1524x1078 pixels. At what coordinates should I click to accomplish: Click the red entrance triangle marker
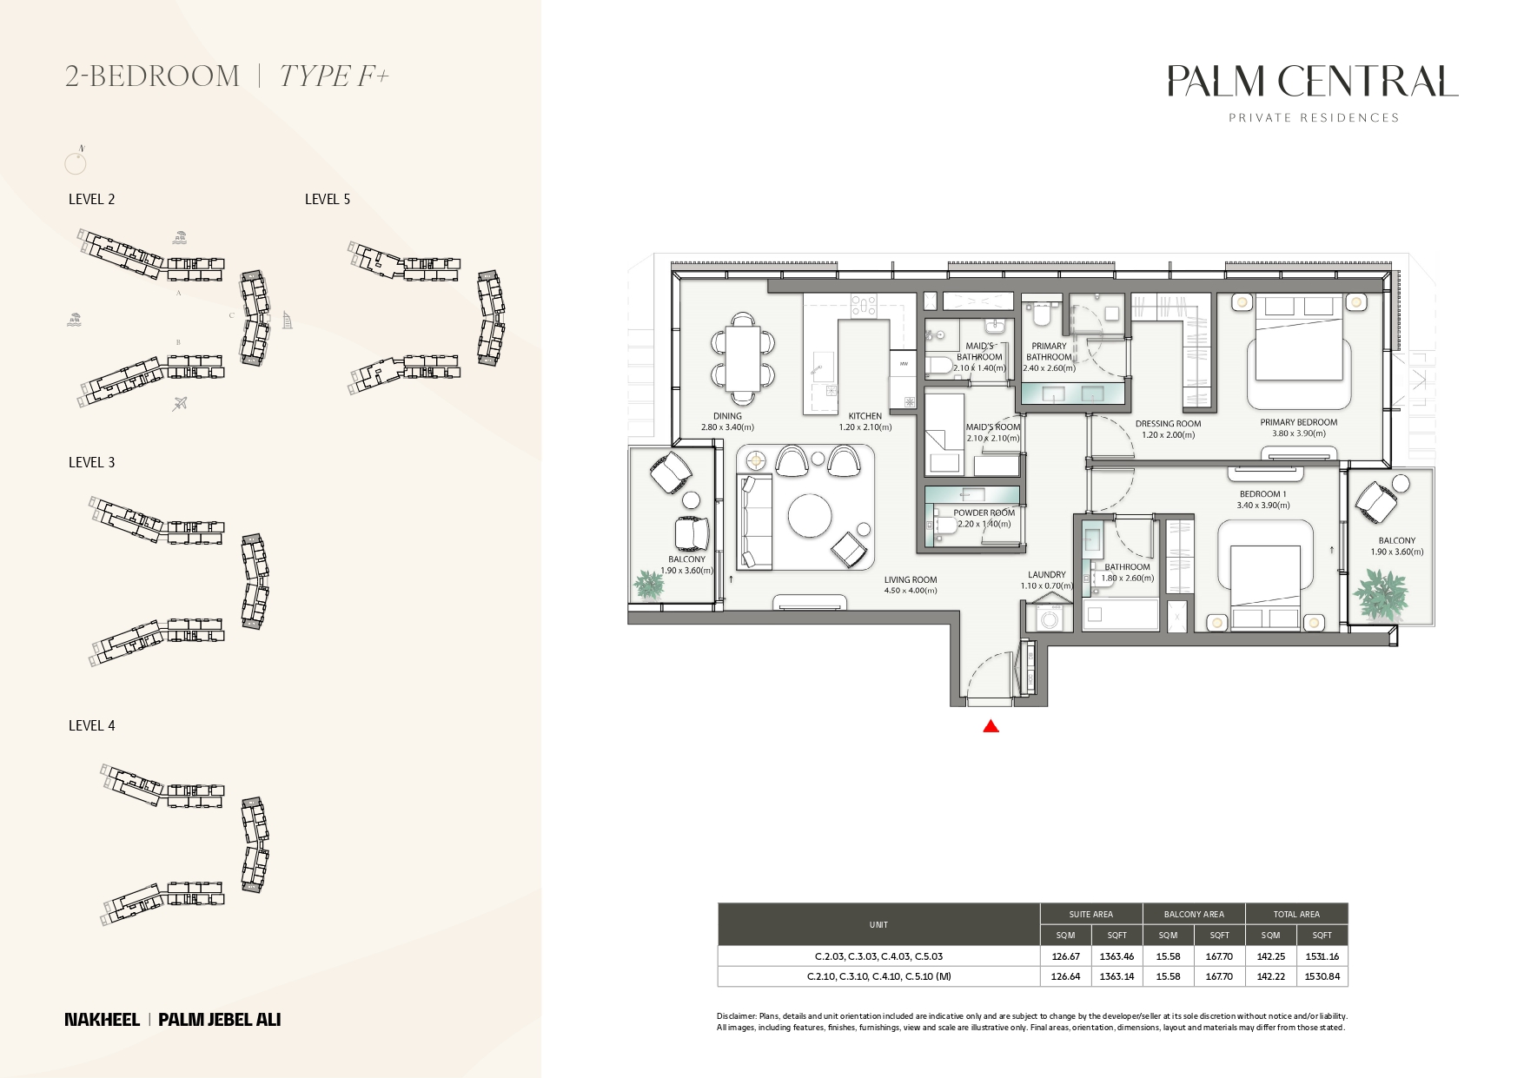pos(991,727)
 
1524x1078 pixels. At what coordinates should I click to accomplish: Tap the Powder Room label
pos(984,513)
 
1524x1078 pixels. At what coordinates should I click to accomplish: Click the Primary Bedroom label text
pos(1298,422)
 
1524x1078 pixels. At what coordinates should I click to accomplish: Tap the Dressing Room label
pos(1168,424)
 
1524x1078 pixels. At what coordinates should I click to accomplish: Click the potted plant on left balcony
pos(648,584)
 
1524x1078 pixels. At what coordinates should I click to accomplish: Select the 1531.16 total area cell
pos(1322,956)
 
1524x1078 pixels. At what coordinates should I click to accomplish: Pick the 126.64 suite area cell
pos(1065,976)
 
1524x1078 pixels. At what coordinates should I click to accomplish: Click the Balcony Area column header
pos(1194,914)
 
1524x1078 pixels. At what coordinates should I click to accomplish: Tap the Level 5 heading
pos(328,199)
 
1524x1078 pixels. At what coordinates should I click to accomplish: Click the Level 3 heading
pos(92,462)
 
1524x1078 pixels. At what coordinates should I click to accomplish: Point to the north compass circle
pos(76,163)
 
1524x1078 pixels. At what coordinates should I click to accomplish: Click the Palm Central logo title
pos(1312,82)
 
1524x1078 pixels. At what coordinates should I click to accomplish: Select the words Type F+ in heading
pos(334,76)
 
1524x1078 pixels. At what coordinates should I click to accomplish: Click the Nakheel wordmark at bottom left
pos(102,1020)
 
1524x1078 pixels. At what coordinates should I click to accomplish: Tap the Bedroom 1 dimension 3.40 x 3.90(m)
pos(1263,505)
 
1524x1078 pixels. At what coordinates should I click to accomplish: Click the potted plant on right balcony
pos(1380,594)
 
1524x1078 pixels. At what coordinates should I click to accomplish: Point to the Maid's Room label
pos(992,427)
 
